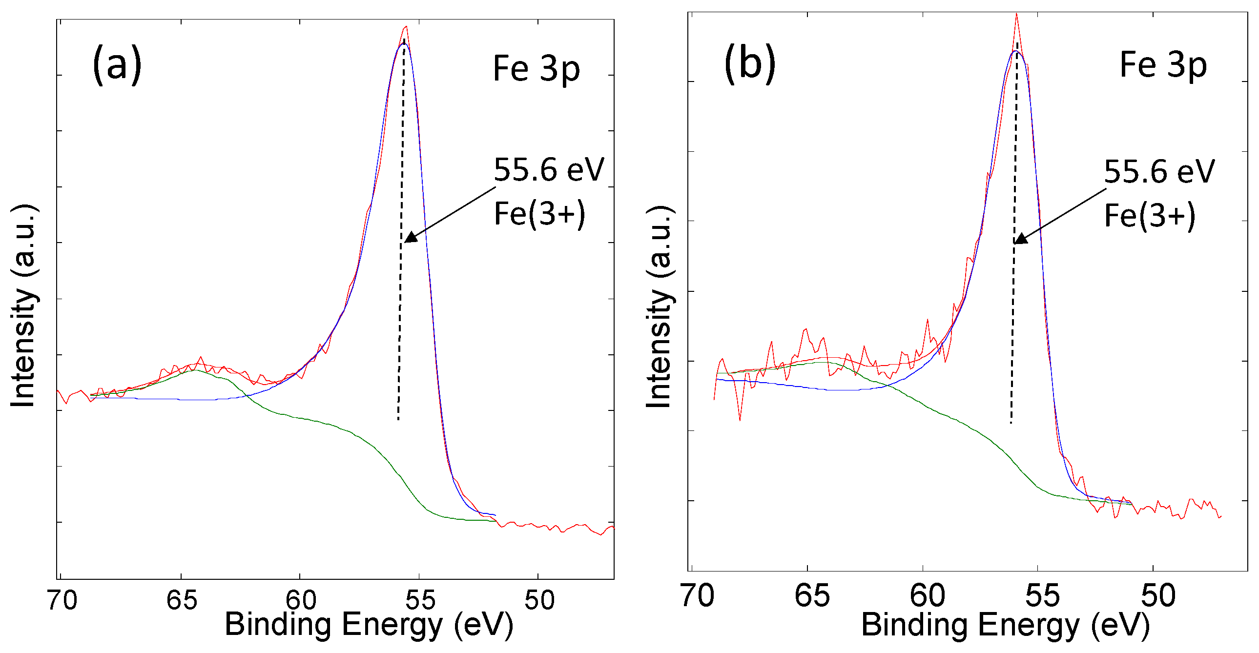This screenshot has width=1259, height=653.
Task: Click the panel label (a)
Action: [x=117, y=65]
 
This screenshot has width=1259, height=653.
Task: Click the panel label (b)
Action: [x=750, y=64]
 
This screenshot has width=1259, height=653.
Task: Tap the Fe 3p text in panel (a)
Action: [x=536, y=69]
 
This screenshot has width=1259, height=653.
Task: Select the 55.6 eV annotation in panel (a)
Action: [x=549, y=170]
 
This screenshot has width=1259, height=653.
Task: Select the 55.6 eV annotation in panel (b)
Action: [x=1159, y=172]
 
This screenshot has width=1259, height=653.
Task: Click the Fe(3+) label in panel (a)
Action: [x=539, y=214]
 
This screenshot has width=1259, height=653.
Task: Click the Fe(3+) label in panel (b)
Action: [x=1150, y=216]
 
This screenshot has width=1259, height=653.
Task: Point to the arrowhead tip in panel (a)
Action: [x=406, y=241]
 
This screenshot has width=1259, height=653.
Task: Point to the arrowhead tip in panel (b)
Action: [x=1014, y=243]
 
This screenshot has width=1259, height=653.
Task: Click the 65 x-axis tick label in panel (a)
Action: [x=182, y=600]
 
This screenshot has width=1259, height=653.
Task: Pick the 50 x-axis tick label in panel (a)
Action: [x=539, y=600]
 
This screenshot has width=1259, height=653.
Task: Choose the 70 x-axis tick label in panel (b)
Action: [x=697, y=596]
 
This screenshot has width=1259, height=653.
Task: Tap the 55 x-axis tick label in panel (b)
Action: [x=1042, y=596]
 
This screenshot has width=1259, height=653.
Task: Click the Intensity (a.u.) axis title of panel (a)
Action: [x=23, y=306]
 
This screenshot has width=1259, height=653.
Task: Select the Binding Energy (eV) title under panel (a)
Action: [x=369, y=624]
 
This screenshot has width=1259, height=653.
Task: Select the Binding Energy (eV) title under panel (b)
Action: [x=1005, y=625]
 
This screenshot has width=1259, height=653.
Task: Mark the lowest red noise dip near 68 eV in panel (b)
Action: [x=740, y=420]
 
